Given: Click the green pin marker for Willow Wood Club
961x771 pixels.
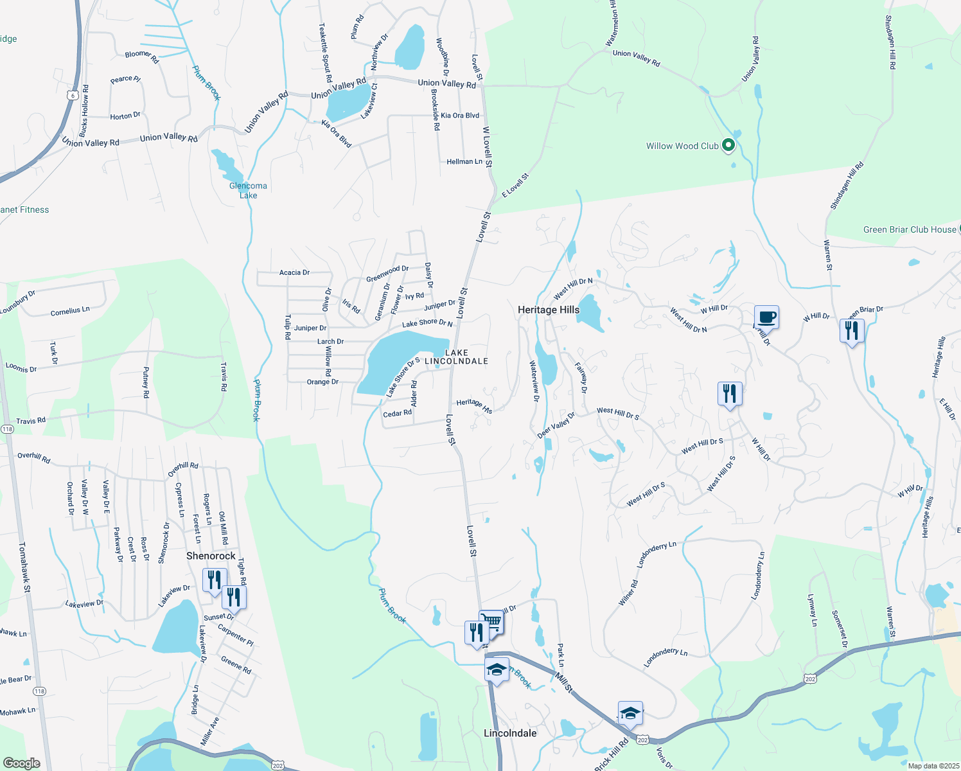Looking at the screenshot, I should (728, 146).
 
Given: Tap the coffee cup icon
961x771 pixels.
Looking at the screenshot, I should (766, 317).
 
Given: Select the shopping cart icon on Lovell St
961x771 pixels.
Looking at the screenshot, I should (491, 622).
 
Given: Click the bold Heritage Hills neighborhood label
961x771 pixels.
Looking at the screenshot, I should (549, 310).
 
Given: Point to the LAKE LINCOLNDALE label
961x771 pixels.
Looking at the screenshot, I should (457, 357).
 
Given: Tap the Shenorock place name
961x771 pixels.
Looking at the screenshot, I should (211, 556).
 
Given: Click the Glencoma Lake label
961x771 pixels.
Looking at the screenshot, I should (248, 191).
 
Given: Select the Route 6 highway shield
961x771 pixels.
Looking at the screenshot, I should (73, 96).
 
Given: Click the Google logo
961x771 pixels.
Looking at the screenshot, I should (21, 763).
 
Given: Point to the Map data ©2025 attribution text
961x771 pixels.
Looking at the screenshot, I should (933, 766).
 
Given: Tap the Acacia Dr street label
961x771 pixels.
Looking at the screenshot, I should (294, 272).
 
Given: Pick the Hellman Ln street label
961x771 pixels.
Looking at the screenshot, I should (464, 162).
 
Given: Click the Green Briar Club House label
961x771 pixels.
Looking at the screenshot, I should (910, 229).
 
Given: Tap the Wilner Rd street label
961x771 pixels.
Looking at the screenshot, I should (628, 592).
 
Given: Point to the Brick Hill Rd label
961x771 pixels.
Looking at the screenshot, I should (612, 754).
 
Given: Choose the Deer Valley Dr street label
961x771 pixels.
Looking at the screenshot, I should (556, 426).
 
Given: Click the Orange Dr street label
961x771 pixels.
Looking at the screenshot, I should (322, 382).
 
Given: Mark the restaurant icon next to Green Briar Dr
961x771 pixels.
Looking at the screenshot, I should (851, 331).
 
